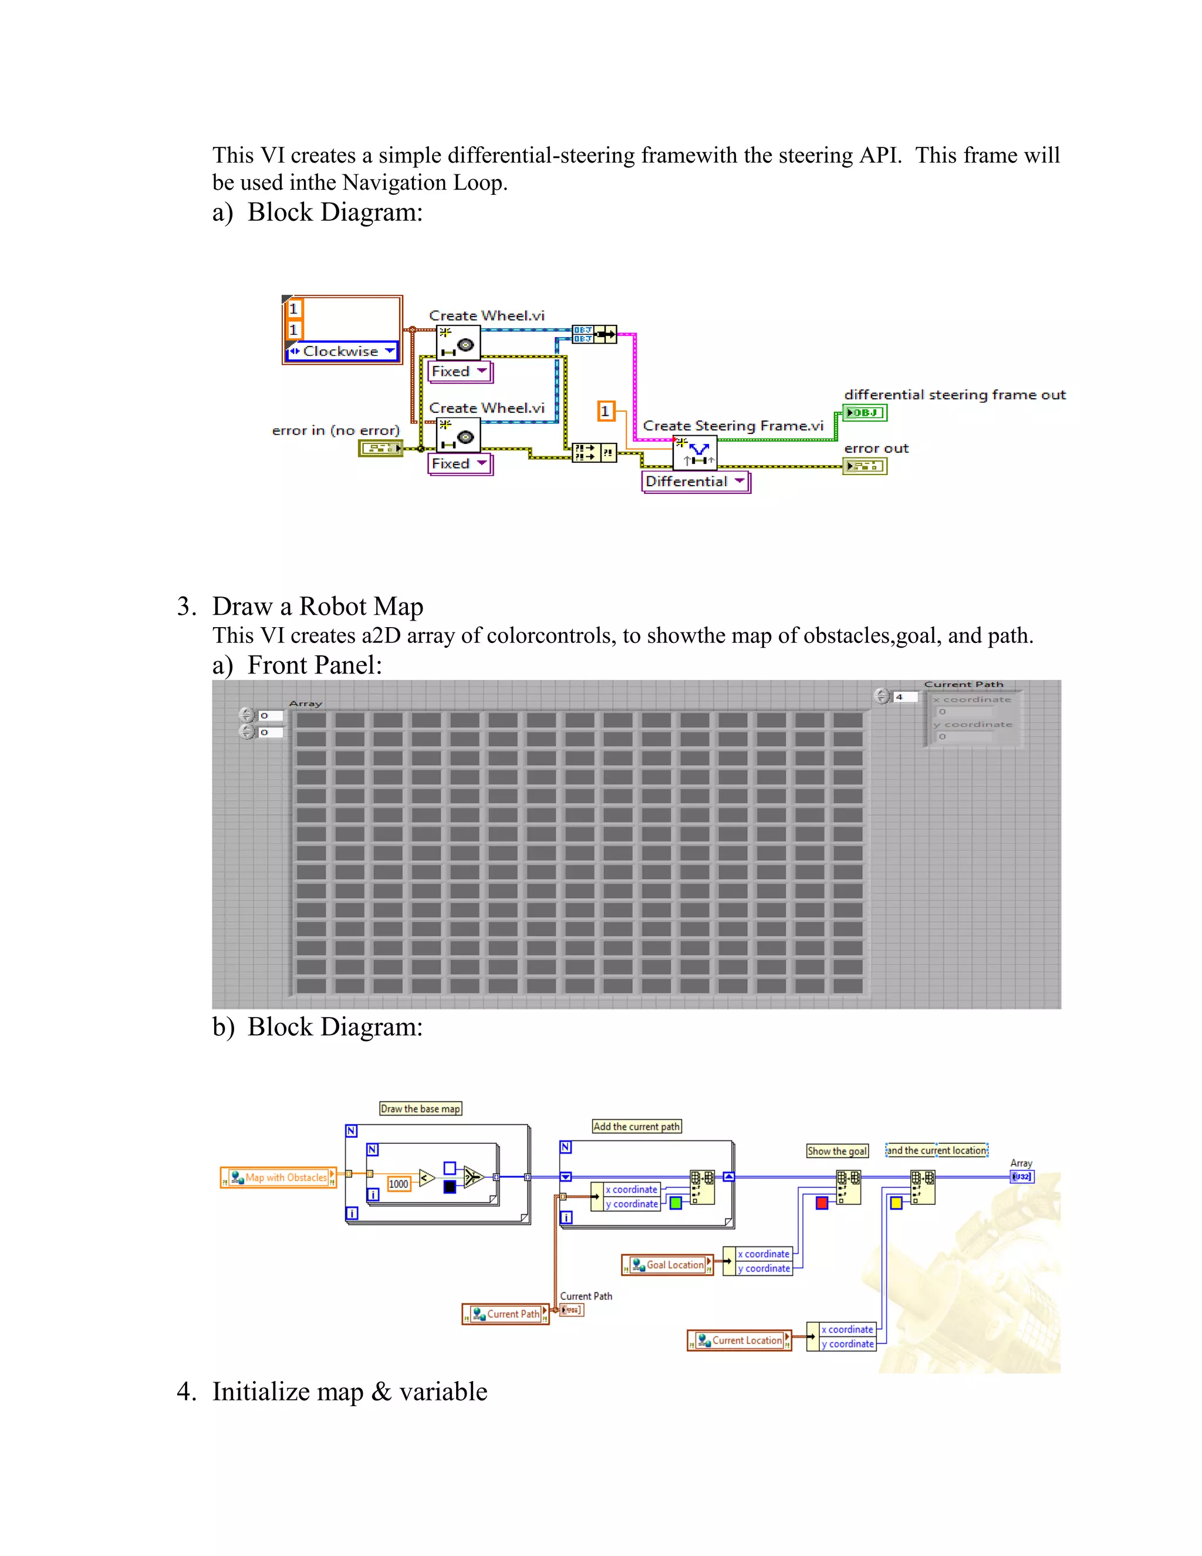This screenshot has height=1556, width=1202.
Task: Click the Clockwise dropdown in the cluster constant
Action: coord(342,351)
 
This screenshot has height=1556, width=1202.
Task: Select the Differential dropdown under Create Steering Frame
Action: coord(695,481)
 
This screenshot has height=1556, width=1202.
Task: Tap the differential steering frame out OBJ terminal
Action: coord(865,413)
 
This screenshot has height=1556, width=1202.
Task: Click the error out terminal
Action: coord(865,466)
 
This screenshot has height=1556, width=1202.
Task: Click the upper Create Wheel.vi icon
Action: coord(458,342)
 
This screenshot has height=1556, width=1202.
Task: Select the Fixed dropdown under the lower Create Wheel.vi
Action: coord(460,464)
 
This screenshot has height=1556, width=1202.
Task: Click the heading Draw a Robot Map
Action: coord(318,607)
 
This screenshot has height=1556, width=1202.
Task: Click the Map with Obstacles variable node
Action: coord(278,1178)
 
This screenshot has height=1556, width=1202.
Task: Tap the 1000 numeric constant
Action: coord(398,1184)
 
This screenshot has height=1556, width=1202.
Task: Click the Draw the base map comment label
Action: coord(420,1109)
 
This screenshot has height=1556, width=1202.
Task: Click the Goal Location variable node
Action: coord(668,1265)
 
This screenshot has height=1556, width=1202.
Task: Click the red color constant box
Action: coord(822,1203)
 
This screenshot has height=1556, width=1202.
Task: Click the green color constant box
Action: coord(675,1203)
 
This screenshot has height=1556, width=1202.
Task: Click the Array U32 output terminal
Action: coord(1022,1176)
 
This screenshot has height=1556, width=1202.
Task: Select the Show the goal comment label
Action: coord(837,1151)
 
